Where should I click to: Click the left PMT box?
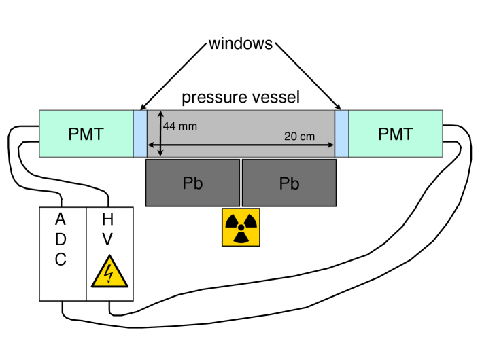(x=86, y=134)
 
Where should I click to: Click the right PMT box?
(x=396, y=134)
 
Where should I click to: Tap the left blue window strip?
(x=140, y=134)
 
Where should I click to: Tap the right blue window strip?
(x=341, y=134)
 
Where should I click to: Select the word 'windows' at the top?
(x=240, y=44)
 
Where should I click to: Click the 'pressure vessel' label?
(x=240, y=98)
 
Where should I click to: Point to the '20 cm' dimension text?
(x=299, y=136)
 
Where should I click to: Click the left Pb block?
(x=192, y=183)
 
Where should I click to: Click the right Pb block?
(x=289, y=183)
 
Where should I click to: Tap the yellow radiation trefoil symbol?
(x=241, y=228)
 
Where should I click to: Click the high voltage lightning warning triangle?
(x=109, y=272)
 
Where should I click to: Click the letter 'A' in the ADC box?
(x=61, y=220)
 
